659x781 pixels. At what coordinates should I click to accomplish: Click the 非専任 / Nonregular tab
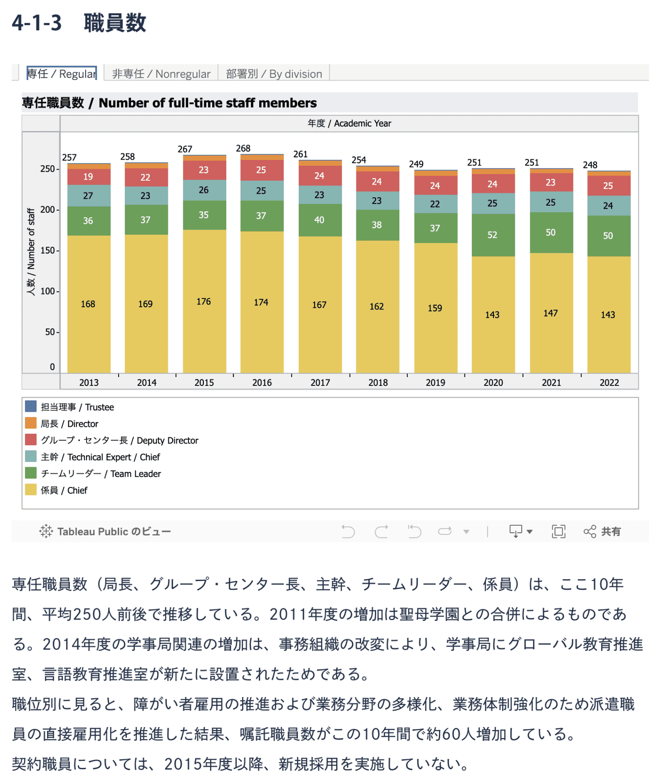tap(161, 74)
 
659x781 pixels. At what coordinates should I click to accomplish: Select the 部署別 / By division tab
tap(274, 74)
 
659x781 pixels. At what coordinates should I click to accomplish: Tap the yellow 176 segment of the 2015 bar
tap(204, 301)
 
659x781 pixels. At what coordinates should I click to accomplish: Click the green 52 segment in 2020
tap(492, 235)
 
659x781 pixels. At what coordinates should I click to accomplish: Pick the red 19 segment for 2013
tap(88, 177)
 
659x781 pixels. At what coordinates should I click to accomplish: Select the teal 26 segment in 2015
tap(204, 190)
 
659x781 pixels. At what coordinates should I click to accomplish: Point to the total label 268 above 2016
tap(243, 149)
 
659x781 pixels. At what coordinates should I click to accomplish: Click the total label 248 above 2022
tap(590, 165)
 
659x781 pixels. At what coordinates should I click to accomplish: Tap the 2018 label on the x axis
tap(378, 382)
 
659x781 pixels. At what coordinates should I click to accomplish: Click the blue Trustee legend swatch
tap(31, 407)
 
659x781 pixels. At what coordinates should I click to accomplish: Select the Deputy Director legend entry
tap(119, 440)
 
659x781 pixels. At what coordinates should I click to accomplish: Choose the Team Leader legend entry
tap(101, 474)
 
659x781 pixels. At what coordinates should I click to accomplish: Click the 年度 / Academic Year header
tap(349, 124)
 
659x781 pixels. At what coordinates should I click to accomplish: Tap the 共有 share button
tap(602, 531)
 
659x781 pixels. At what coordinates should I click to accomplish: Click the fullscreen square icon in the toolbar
tap(558, 531)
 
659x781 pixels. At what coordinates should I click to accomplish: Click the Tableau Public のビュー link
tap(105, 531)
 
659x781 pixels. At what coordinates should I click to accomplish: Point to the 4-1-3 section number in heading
tap(37, 23)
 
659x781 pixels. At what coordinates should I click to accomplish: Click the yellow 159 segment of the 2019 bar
tap(435, 308)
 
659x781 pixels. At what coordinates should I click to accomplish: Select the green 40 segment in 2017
tap(319, 220)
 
